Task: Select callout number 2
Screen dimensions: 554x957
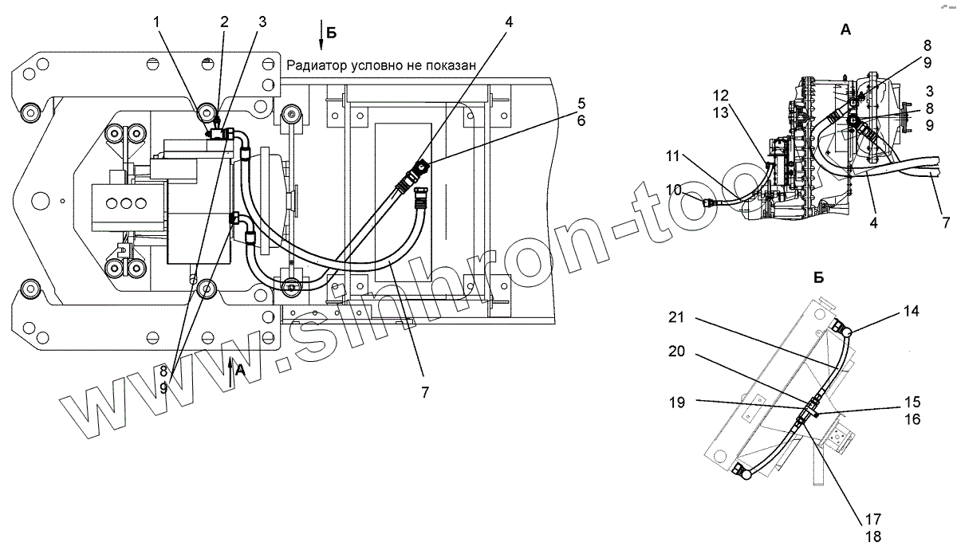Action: [225, 23]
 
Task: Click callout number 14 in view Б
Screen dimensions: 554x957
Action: [912, 312]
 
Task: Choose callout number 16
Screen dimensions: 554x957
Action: [912, 418]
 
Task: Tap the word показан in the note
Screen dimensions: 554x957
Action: [437, 65]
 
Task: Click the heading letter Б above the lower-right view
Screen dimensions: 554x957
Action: [818, 278]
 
